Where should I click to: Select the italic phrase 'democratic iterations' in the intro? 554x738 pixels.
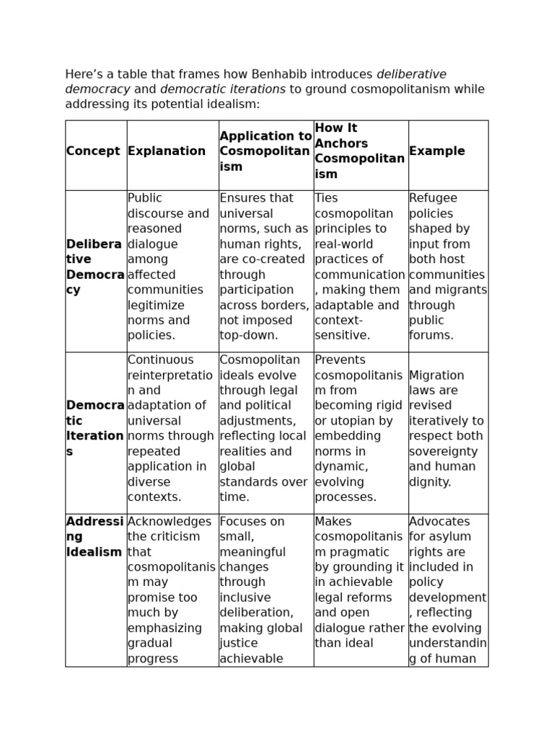[x=222, y=89]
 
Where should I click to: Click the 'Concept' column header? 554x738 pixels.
[x=92, y=151]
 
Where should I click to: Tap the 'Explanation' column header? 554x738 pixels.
[x=166, y=151]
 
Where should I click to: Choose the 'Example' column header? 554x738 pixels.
[x=436, y=151]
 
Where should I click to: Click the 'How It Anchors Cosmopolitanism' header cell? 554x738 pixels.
[x=359, y=151]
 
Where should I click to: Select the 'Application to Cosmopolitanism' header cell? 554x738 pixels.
[x=265, y=151]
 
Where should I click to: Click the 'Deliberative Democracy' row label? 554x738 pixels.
[x=94, y=267]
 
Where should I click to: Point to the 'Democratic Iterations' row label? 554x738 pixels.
[x=94, y=428]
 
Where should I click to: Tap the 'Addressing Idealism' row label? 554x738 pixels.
[x=94, y=536]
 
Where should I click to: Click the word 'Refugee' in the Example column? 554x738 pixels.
[x=433, y=198]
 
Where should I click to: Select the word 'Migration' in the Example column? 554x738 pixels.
[x=436, y=375]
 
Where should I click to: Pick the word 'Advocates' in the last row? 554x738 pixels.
[x=439, y=521]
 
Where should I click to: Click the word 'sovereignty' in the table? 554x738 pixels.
[x=442, y=451]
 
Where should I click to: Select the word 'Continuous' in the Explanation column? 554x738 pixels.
[x=160, y=360]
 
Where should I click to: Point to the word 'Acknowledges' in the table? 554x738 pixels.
[x=170, y=521]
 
